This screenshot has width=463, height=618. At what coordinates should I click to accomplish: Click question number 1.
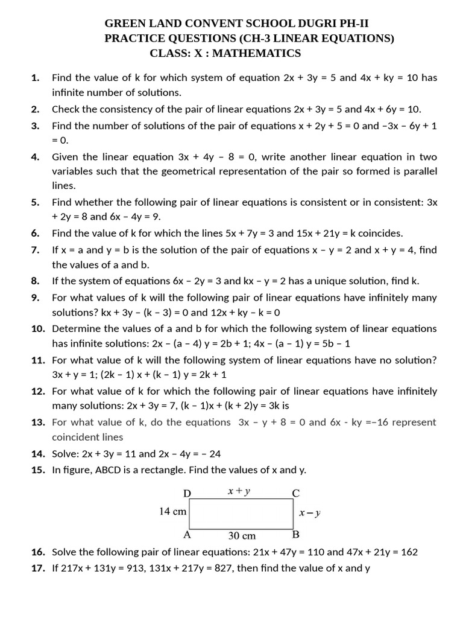pos(36,78)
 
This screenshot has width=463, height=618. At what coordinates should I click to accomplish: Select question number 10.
pos(39,329)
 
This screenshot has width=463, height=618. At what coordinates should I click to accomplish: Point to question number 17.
pos(39,568)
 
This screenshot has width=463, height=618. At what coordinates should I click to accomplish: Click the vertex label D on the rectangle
pos(187,493)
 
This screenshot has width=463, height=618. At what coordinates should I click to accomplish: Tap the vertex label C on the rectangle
pos(295,493)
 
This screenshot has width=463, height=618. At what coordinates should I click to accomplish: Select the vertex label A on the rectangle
pos(187,535)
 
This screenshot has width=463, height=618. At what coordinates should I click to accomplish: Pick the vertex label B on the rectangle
pos(295,535)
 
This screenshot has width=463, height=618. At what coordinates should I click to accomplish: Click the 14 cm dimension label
pos(172,511)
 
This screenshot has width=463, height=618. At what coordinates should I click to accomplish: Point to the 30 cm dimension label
pos(242,535)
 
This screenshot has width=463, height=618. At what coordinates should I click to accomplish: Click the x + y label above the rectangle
pos(239,491)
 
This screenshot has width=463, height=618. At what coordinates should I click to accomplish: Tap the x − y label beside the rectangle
pos(310,514)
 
